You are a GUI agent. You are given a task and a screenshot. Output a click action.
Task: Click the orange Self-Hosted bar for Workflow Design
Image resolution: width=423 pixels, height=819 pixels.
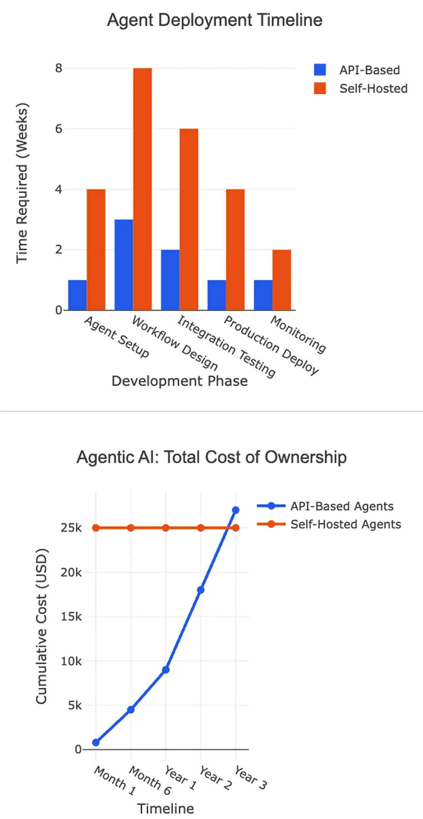(x=142, y=189)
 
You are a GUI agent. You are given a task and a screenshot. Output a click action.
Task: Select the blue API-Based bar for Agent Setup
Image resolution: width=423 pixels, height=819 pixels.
(x=77, y=295)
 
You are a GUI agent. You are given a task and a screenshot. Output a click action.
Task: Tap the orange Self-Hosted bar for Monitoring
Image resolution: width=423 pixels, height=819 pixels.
(x=282, y=280)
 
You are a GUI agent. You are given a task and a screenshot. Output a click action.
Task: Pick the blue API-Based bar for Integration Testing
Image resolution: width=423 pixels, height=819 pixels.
(x=170, y=280)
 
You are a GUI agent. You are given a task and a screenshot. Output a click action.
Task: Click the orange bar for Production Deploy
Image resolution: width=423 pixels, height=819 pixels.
(x=235, y=249)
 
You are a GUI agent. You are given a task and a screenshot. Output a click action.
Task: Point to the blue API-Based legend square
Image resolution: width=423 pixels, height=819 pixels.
(x=320, y=70)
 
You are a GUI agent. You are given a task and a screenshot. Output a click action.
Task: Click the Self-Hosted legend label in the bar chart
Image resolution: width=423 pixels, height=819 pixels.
(x=373, y=89)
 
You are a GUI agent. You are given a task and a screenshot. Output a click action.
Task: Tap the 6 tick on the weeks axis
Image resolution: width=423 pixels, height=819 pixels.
(x=59, y=129)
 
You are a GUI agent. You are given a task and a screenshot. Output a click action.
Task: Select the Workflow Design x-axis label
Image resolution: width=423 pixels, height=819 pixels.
(x=174, y=342)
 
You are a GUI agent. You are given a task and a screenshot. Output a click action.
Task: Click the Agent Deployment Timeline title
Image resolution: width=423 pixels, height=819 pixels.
(x=215, y=20)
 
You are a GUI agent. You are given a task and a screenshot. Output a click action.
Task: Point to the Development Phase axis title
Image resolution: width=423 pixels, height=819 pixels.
(x=180, y=381)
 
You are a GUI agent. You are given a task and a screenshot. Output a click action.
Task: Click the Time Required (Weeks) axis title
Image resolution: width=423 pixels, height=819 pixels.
(x=22, y=182)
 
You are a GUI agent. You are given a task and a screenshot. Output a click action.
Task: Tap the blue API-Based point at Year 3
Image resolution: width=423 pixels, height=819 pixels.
(x=236, y=510)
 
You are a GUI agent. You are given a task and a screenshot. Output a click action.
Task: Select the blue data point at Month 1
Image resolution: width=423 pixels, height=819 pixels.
(x=96, y=742)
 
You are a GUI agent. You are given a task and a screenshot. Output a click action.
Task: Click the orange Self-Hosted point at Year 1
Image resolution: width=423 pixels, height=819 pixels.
(x=166, y=528)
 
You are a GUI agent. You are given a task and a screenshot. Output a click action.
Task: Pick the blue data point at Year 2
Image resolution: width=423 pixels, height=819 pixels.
(x=201, y=590)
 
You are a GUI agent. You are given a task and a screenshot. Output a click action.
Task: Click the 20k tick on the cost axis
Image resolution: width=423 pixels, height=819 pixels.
(x=71, y=572)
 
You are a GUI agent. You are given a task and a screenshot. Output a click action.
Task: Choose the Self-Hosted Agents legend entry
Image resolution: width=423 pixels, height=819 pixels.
(x=346, y=524)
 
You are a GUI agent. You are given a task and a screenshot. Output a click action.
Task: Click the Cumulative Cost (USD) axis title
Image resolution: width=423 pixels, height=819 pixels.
(x=41, y=626)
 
